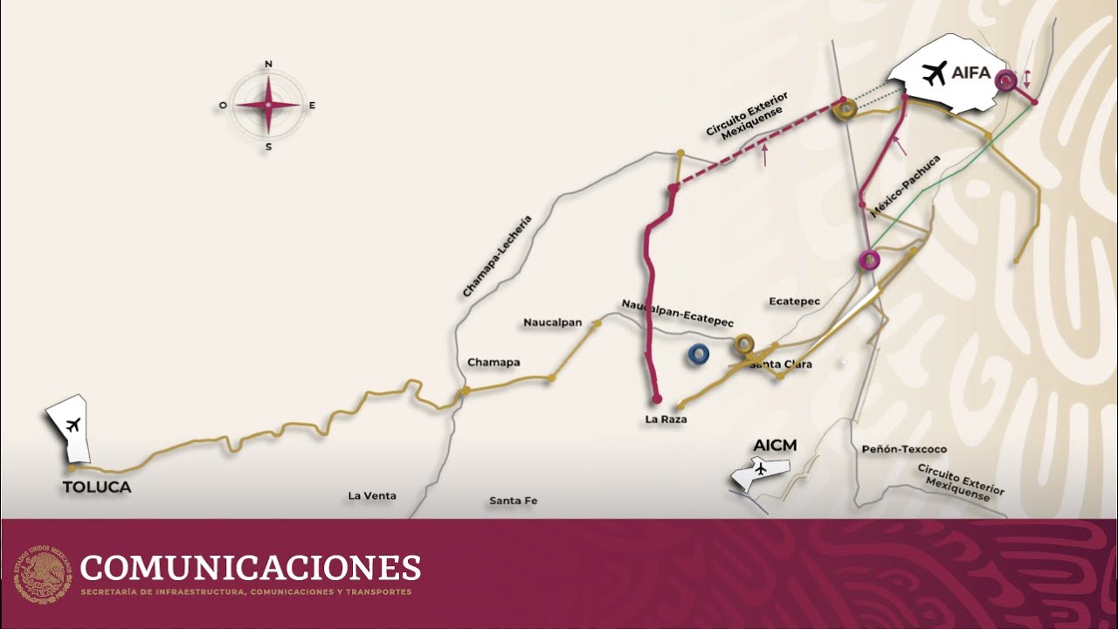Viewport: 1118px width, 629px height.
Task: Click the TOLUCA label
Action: click(x=97, y=487)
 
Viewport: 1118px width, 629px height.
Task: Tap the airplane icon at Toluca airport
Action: click(x=72, y=425)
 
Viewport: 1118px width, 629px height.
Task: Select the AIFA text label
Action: click(x=971, y=73)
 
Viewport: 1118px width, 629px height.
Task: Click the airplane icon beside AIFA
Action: click(x=934, y=73)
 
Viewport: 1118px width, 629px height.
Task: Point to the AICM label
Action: click(x=775, y=446)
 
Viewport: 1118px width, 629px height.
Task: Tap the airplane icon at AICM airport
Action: click(x=760, y=470)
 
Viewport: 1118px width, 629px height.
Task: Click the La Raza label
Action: click(x=666, y=419)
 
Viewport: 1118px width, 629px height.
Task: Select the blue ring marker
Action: click(x=698, y=354)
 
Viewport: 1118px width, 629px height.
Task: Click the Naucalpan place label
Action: click(x=553, y=322)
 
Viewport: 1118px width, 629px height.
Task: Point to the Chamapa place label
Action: click(x=493, y=362)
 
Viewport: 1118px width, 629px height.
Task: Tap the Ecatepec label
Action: click(x=795, y=301)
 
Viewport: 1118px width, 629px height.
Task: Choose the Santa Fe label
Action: click(x=513, y=501)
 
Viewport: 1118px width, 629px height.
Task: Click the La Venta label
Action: click(x=372, y=495)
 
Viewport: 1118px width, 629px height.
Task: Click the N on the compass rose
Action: click(x=268, y=64)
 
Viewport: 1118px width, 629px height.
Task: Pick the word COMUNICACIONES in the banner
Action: click(x=250, y=568)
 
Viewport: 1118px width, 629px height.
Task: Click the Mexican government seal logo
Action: click(x=40, y=574)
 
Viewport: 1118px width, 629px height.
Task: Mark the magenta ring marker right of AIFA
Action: click(x=1008, y=82)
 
